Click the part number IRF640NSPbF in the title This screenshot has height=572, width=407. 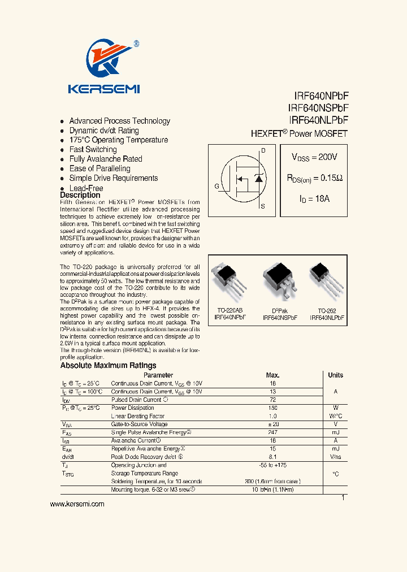[x=318, y=108]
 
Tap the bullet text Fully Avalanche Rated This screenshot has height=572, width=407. [x=106, y=159]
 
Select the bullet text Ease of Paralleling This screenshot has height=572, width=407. [x=99, y=168]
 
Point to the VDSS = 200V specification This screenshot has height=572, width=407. [x=314, y=157]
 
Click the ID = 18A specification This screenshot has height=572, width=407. [x=314, y=199]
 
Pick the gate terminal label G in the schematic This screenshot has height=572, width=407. [x=217, y=185]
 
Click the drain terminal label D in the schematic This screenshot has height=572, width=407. [x=262, y=151]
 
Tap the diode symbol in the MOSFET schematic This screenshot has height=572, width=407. [x=259, y=179]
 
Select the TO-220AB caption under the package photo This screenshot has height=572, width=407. [x=230, y=311]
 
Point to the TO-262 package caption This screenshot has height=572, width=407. [x=326, y=311]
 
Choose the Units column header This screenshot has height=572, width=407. [x=335, y=375]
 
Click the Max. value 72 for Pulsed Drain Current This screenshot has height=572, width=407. [x=272, y=400]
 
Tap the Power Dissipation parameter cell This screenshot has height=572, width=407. [x=132, y=408]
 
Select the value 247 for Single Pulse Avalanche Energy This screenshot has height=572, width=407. [x=272, y=432]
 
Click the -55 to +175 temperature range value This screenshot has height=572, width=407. [x=272, y=465]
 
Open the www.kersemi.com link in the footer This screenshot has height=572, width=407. [x=77, y=504]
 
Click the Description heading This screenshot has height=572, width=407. [x=80, y=195]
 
